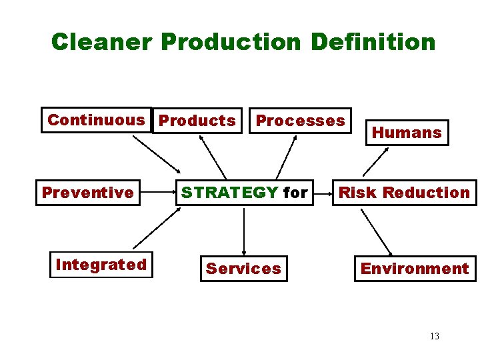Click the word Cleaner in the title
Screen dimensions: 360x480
[x=103, y=42]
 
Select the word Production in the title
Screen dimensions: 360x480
[x=231, y=42]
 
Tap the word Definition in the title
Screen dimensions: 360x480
[x=373, y=42]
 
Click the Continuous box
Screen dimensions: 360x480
[x=96, y=121]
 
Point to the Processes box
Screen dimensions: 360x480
[x=301, y=121]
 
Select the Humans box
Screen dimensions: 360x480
[x=407, y=133]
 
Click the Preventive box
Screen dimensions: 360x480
[x=88, y=193]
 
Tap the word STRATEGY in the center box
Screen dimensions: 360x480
[x=230, y=193]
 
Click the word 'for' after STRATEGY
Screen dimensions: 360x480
[x=295, y=193]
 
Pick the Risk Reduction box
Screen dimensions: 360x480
[x=405, y=193]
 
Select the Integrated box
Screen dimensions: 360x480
[x=101, y=265]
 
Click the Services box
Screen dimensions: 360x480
[x=243, y=269]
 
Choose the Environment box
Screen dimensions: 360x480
[x=415, y=269]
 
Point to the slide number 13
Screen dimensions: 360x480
[x=435, y=336]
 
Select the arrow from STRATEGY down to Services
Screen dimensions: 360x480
[x=244, y=231]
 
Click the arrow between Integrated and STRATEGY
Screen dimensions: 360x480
[x=157, y=228]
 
